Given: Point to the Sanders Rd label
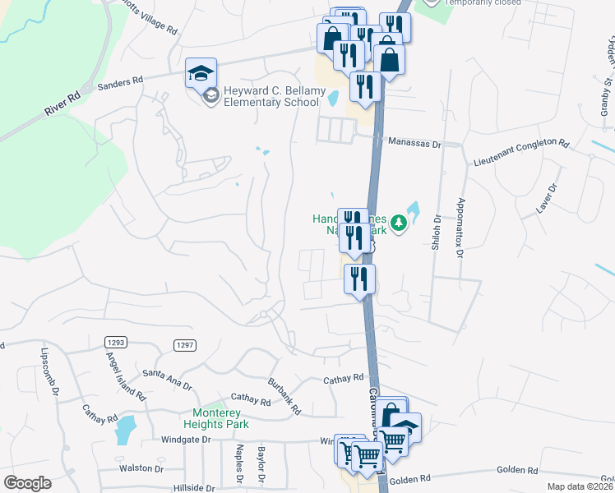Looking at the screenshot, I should click(x=121, y=84).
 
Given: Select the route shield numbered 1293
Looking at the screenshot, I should click(x=115, y=341).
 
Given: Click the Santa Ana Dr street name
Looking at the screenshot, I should click(x=167, y=379).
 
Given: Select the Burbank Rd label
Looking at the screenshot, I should click(x=284, y=394).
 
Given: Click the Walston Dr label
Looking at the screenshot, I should click(x=141, y=468).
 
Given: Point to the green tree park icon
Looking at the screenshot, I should click(x=399, y=223).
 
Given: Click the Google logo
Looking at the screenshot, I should click(x=27, y=483).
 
